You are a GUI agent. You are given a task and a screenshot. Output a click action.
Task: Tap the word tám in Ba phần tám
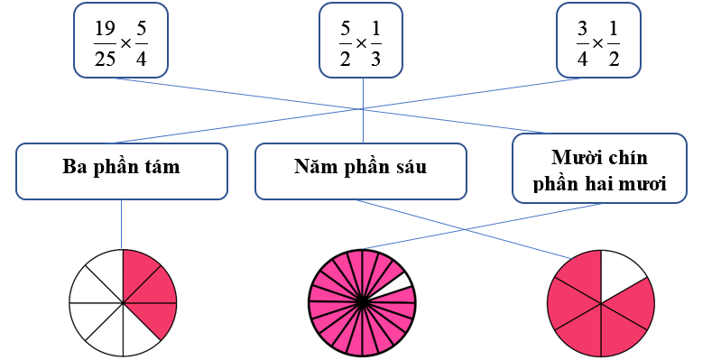[164, 167]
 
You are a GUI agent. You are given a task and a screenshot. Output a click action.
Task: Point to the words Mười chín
[599, 158]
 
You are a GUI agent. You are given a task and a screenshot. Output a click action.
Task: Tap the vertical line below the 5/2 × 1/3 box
[363, 99]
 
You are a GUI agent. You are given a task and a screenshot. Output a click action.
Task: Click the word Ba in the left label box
[74, 167]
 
